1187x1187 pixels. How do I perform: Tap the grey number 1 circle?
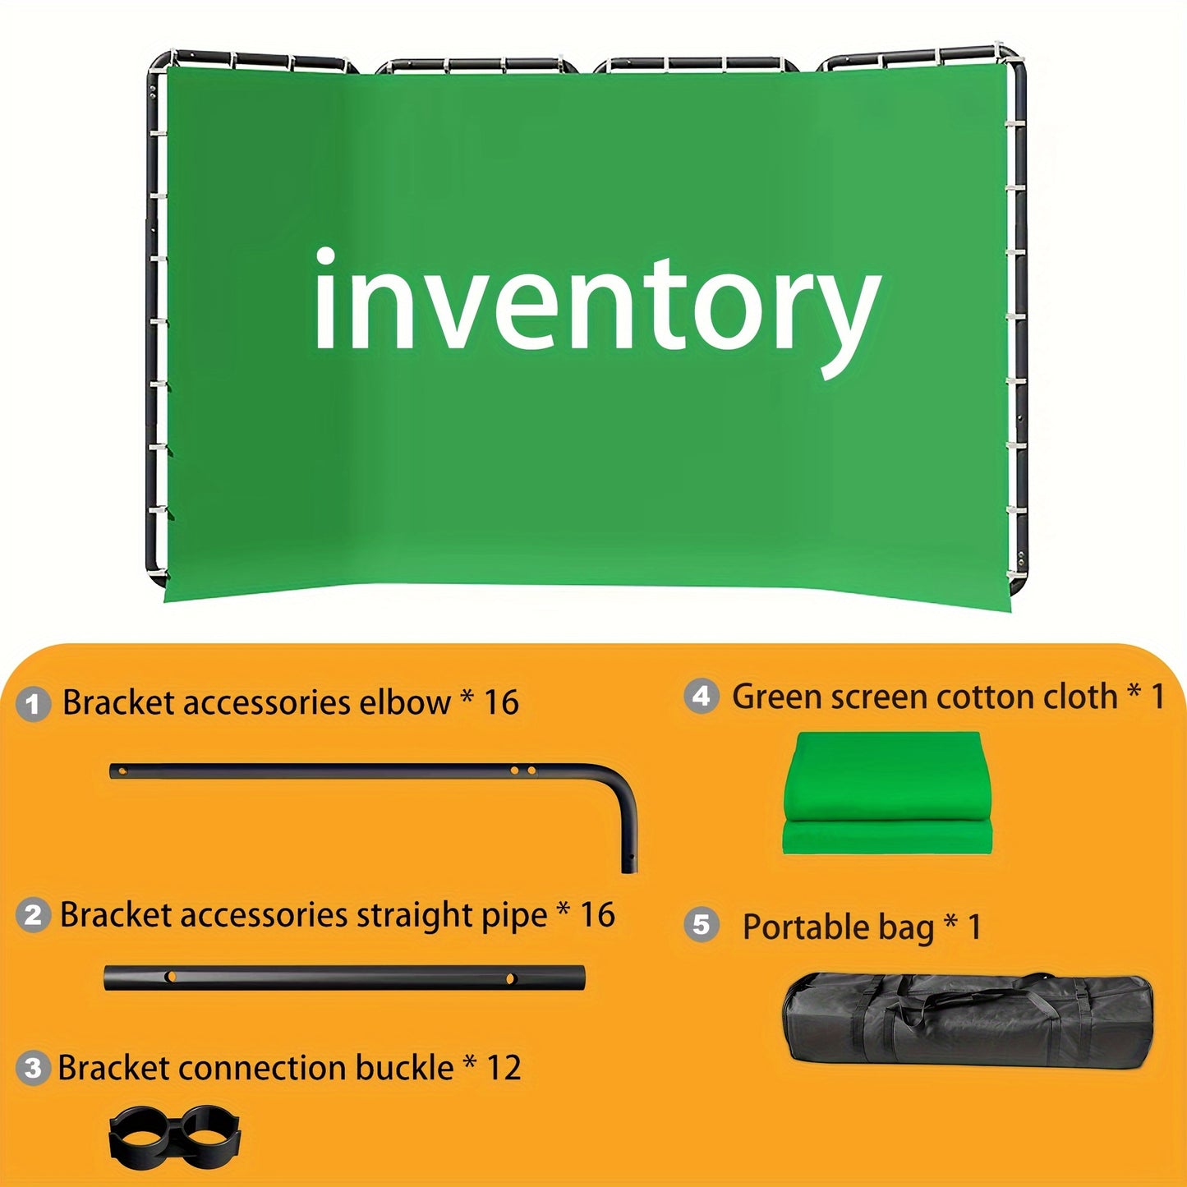tap(33, 704)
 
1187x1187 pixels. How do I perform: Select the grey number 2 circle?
tap(33, 915)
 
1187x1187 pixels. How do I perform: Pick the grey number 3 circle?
tap(33, 1068)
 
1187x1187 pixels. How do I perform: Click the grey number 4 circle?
tap(701, 697)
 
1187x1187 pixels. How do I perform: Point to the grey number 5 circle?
tap(701, 925)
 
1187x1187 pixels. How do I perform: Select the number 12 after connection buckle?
tap(504, 1068)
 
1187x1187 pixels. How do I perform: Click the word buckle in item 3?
tap(404, 1068)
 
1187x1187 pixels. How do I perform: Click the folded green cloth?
tap(887, 793)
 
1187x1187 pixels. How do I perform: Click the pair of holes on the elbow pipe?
tap(522, 771)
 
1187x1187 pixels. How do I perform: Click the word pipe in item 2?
tap(515, 916)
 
